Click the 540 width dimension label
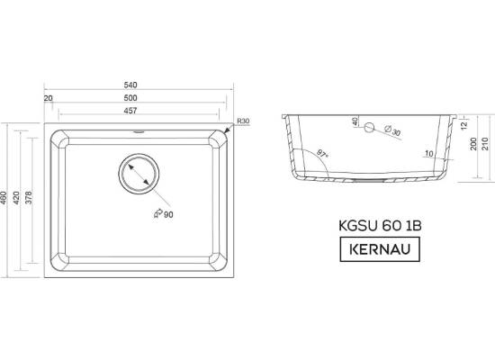130,85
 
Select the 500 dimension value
130,98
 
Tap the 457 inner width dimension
130,111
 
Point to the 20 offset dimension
49,98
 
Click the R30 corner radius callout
243,121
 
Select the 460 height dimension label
4,198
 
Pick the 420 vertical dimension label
16,198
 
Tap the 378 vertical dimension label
29,198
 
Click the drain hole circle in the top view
139,155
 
